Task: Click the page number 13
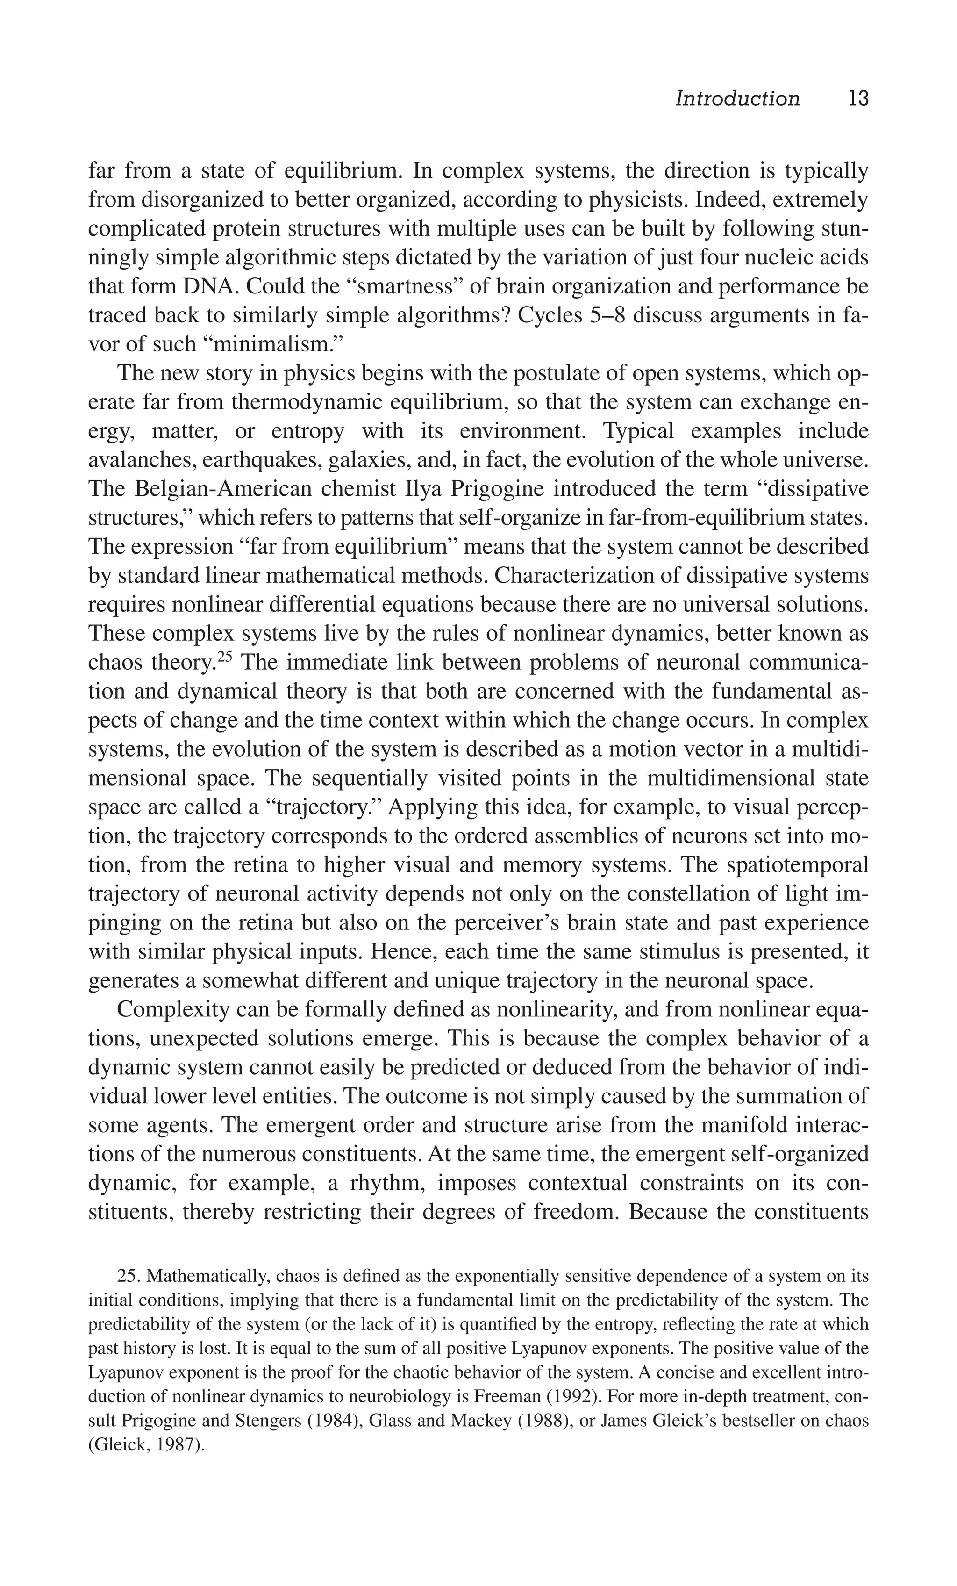coord(858,99)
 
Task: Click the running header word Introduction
coord(737,99)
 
